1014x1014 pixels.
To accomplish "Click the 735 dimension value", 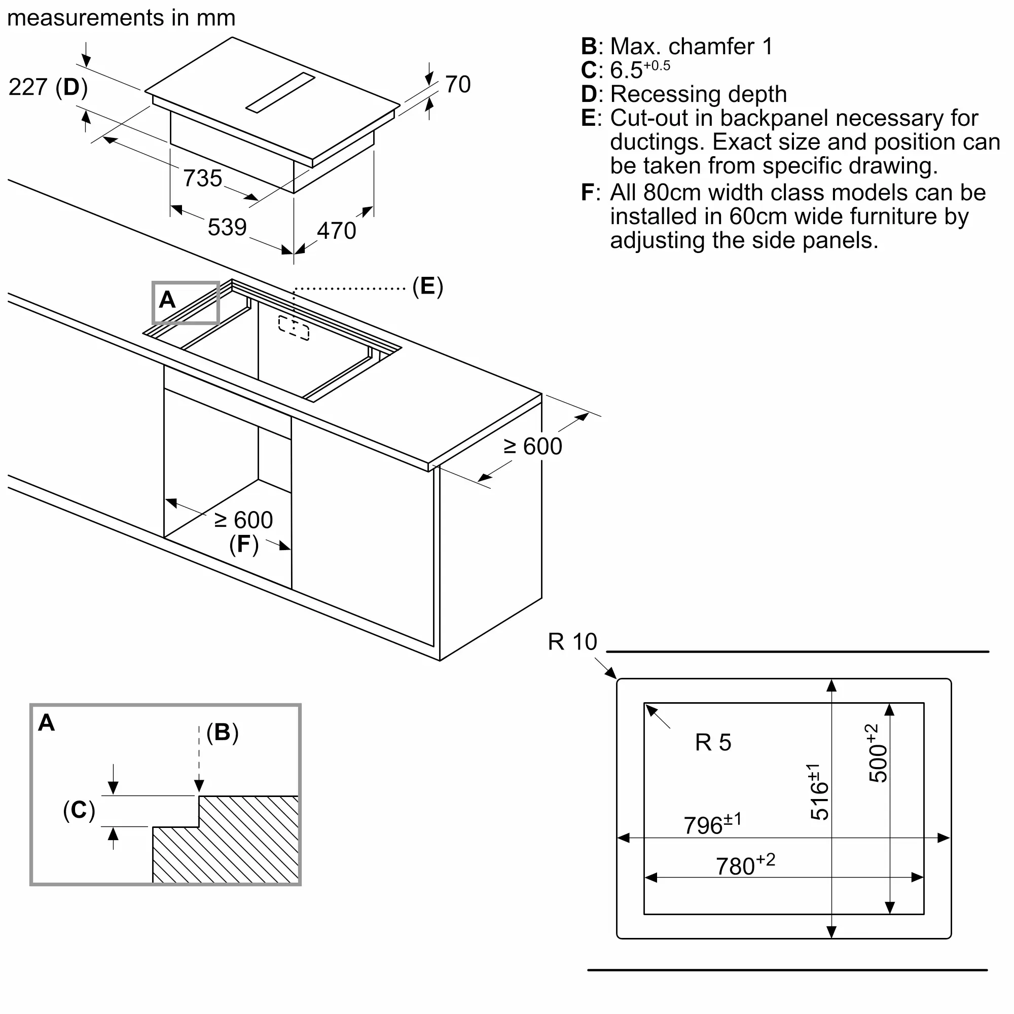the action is [x=203, y=178].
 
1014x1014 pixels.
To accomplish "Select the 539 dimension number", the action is [x=227, y=227].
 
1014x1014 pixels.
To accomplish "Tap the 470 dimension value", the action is [x=337, y=230].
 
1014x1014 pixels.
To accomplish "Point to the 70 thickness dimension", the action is [x=458, y=84].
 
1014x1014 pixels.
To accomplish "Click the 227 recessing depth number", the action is [x=28, y=87].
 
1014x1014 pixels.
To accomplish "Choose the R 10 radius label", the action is [x=572, y=641].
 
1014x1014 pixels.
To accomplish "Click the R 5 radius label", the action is [x=713, y=742].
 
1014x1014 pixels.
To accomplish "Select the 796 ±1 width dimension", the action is [x=712, y=823].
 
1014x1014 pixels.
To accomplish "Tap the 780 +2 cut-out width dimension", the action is [x=745, y=864].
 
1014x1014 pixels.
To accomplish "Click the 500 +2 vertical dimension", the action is [x=877, y=753].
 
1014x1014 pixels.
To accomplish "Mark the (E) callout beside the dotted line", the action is [x=428, y=286].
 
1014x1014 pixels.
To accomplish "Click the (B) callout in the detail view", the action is [x=223, y=732].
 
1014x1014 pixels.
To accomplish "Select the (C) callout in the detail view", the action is [x=79, y=810].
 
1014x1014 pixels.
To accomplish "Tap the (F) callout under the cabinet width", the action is [x=244, y=544].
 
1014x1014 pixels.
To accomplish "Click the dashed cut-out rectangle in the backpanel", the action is [x=294, y=328].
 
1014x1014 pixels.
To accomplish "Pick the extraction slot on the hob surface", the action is [x=280, y=92].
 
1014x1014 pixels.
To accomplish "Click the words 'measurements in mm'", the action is [x=121, y=18].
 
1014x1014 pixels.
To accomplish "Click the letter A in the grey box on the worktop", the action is [x=167, y=300].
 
